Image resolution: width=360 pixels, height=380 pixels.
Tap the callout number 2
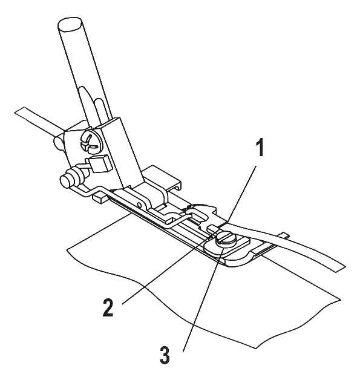click(x=108, y=307)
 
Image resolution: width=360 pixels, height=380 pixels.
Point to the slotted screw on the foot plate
click(x=226, y=240)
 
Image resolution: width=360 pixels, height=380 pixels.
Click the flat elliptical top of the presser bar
click(x=70, y=24)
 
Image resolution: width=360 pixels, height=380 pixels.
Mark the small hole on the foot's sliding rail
click(x=139, y=205)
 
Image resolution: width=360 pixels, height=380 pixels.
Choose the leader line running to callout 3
click(x=203, y=296)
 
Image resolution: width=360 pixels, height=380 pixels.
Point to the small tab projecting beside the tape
click(x=283, y=235)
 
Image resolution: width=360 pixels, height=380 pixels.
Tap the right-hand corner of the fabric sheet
click(x=341, y=300)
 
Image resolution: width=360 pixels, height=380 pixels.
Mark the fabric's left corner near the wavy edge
click(x=67, y=249)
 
